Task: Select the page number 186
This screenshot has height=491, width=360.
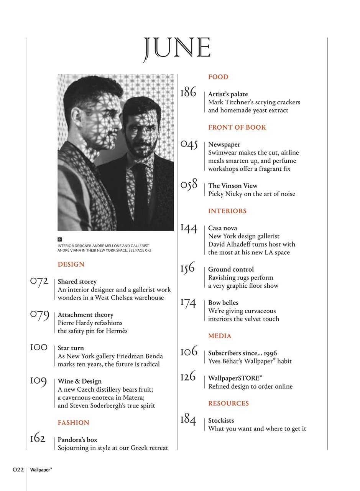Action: (188, 92)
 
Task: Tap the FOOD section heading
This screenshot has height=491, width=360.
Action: (218, 77)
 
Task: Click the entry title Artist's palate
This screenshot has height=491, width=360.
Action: (228, 94)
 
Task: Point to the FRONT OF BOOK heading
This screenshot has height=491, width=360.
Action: (237, 127)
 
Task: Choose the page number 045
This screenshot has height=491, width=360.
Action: (189, 145)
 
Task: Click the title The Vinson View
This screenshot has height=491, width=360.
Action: (233, 186)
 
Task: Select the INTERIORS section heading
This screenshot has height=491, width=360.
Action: (227, 211)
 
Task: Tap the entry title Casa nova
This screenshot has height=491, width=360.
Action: (222, 228)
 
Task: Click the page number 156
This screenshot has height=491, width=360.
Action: (188, 268)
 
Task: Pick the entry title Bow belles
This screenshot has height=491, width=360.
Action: (223, 303)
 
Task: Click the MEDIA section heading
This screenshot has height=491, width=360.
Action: (220, 336)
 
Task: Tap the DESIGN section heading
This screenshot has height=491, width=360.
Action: (71, 264)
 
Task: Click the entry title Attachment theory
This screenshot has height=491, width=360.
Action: (85, 315)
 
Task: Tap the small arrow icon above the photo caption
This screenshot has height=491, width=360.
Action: (60, 239)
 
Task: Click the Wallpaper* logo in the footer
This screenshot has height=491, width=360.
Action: (41, 469)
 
